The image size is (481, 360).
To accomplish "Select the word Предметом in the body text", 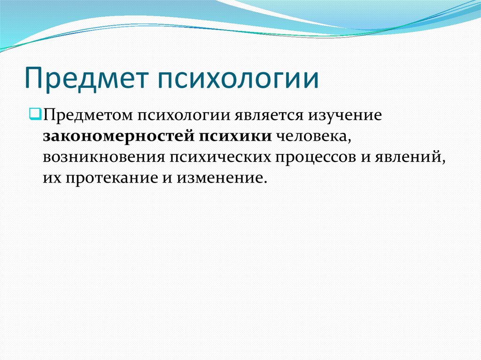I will click(x=89, y=115).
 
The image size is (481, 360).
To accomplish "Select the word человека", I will click(x=313, y=137).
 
